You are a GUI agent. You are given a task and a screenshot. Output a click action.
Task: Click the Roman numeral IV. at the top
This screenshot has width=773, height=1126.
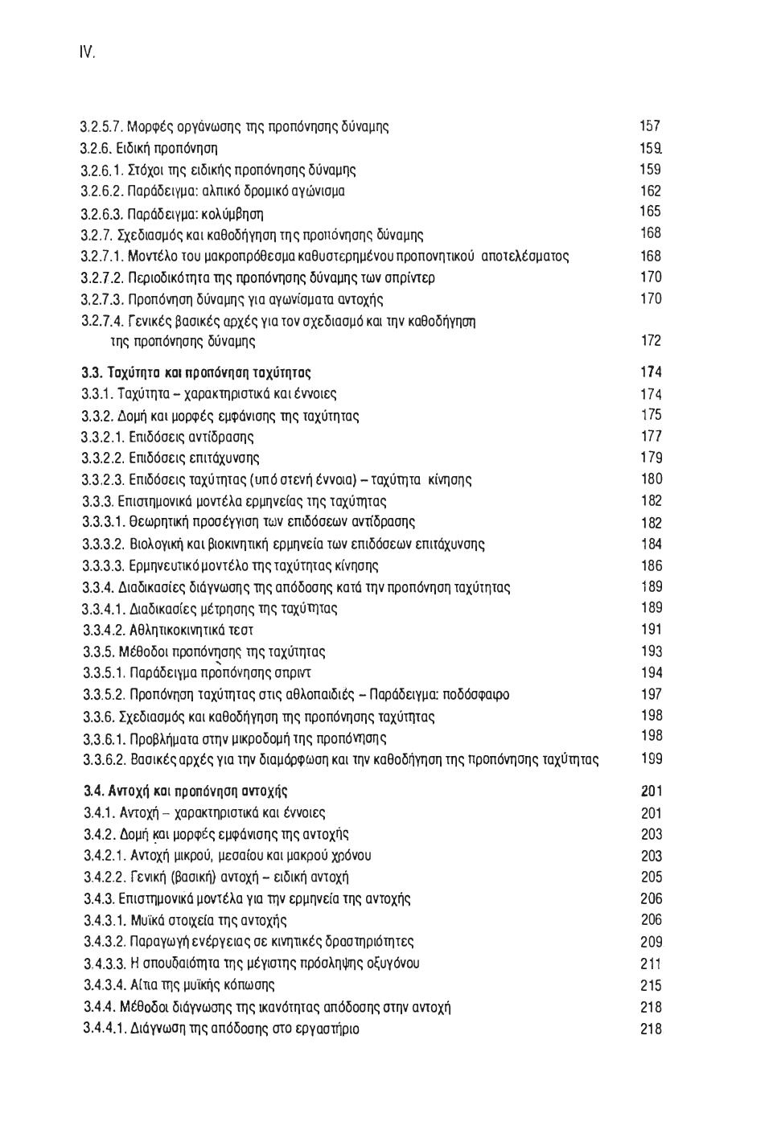[x=87, y=53]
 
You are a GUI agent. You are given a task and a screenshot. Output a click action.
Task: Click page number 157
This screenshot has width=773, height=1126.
[x=650, y=126]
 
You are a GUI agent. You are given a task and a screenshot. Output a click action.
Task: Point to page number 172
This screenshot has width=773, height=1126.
[x=651, y=340]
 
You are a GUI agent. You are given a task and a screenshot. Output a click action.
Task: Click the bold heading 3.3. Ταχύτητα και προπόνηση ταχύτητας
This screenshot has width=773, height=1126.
[x=196, y=372]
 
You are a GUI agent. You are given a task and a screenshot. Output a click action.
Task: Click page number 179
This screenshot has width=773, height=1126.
[x=652, y=458]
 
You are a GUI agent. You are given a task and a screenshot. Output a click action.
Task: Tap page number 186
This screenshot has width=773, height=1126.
[x=652, y=565]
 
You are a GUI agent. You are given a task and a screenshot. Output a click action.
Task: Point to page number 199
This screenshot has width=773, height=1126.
[x=652, y=758]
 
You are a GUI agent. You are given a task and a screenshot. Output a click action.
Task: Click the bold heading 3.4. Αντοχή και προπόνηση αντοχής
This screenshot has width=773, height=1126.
[x=186, y=791]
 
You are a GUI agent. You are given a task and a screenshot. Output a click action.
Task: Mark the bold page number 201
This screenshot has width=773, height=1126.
[x=652, y=791]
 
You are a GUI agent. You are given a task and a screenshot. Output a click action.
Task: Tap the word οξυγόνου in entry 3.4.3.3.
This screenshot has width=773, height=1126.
[x=392, y=964]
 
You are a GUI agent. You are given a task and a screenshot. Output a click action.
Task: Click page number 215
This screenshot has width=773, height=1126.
[x=652, y=985]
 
